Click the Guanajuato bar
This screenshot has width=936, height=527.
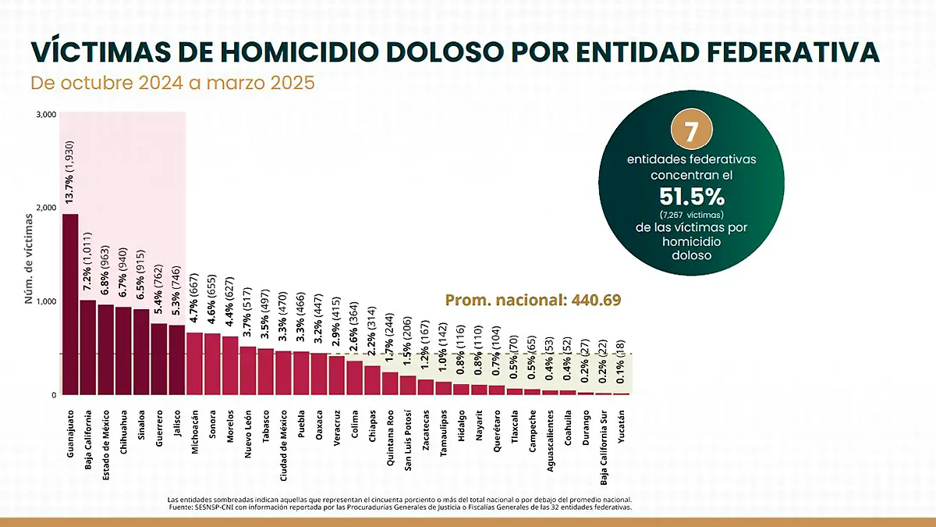click(70, 304)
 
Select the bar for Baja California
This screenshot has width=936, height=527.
click(88, 347)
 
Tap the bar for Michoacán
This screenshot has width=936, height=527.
click(194, 364)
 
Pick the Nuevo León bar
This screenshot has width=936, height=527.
click(248, 371)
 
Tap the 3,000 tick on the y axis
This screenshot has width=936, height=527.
click(47, 115)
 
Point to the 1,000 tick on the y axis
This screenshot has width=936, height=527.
click(47, 301)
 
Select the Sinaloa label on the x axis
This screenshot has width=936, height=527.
click(141, 426)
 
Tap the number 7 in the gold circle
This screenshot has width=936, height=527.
click(686, 130)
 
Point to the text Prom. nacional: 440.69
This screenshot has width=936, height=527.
click(533, 300)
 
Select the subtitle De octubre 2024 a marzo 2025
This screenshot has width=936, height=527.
click(172, 83)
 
